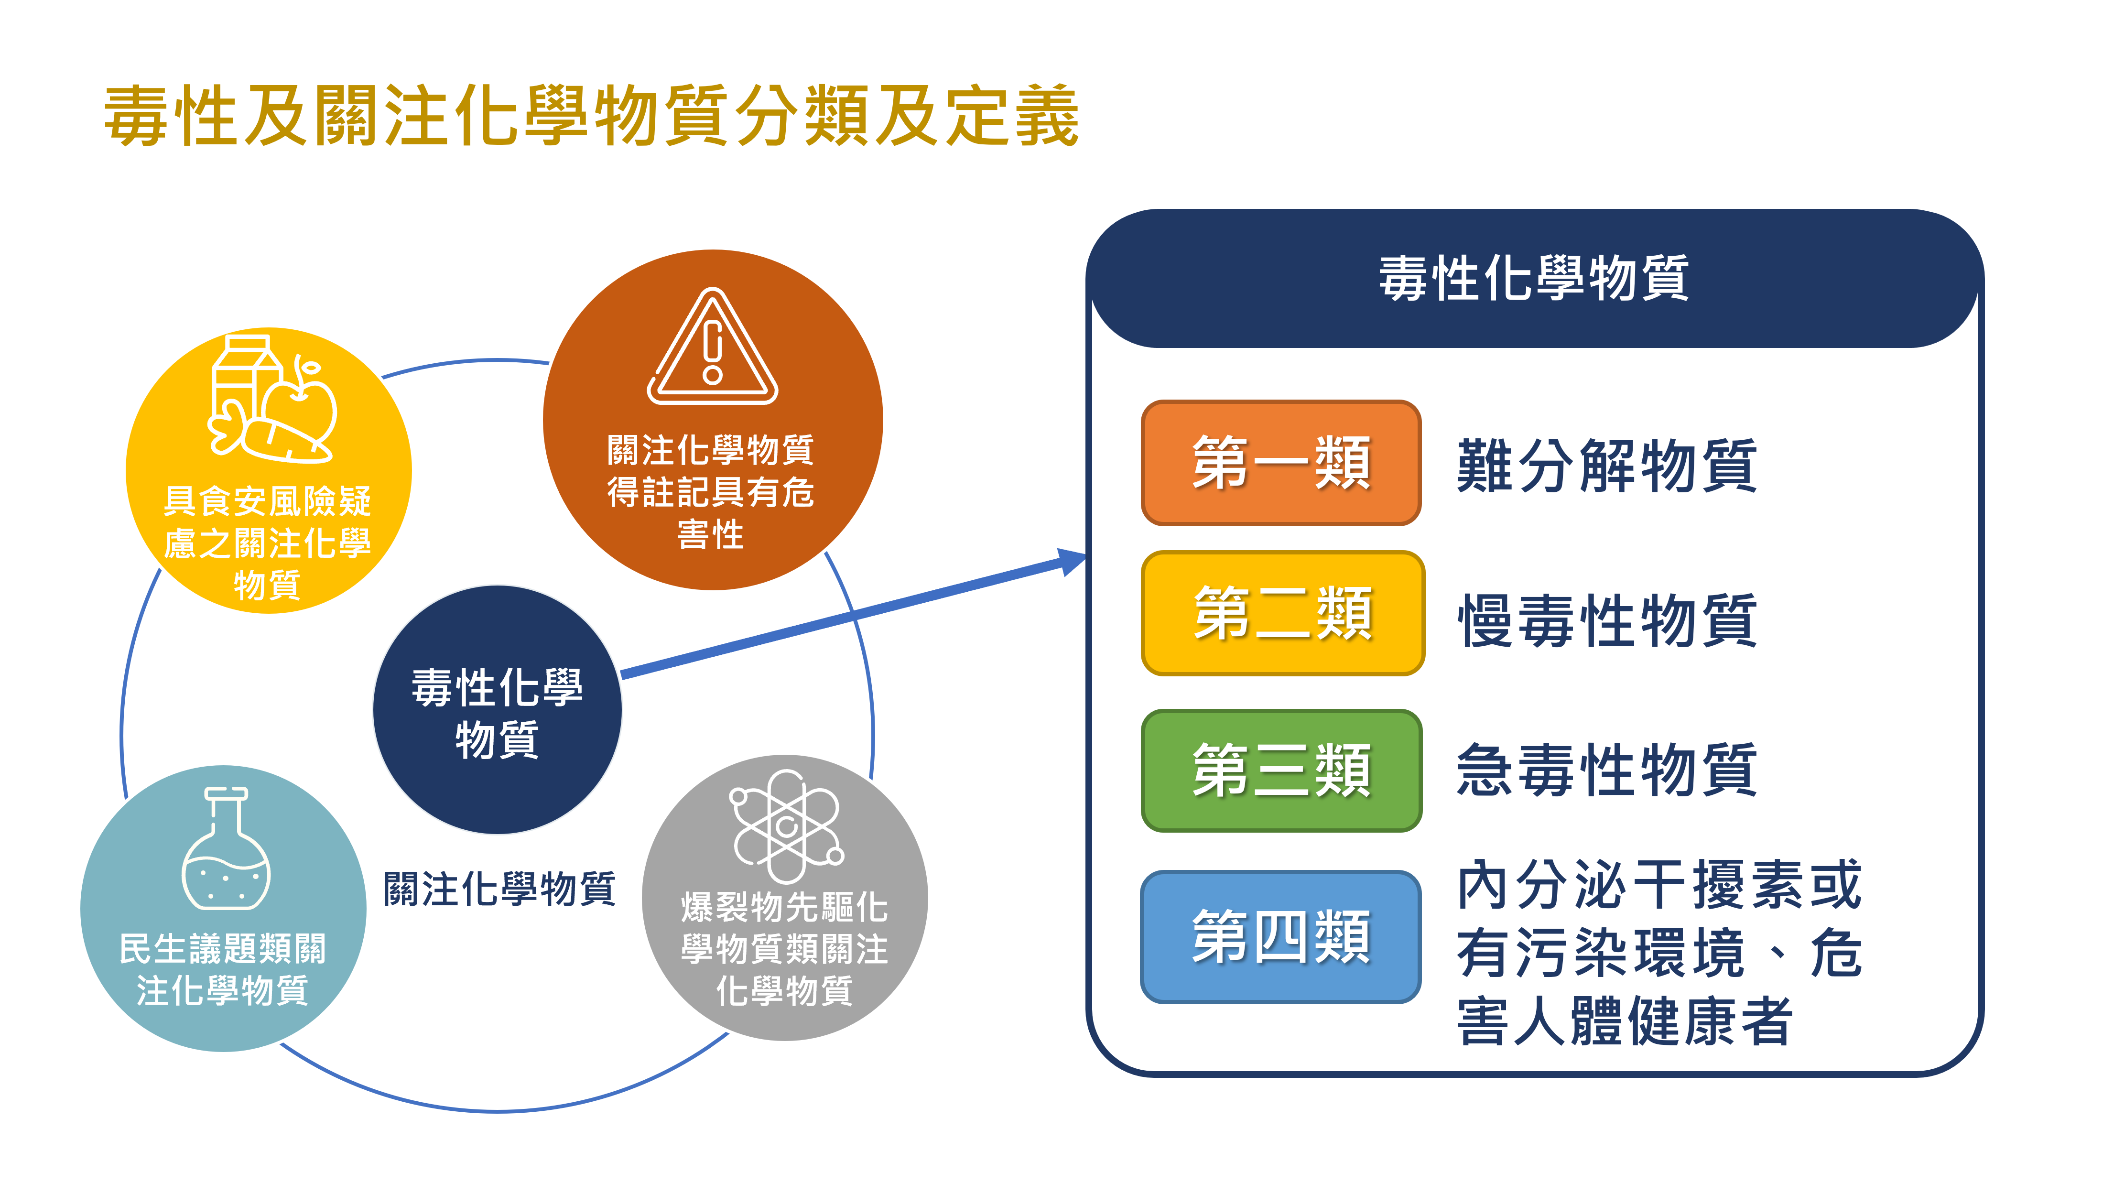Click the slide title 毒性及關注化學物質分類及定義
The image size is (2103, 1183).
click(591, 116)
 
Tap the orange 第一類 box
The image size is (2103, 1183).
click(1280, 462)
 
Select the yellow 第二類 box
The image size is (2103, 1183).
click(1282, 613)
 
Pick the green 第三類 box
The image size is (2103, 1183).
click(1280, 770)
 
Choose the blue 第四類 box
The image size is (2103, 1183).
click(1280, 936)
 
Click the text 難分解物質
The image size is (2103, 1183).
click(1606, 466)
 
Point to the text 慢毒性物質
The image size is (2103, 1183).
click(1606, 620)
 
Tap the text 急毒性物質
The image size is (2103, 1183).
click(1606, 770)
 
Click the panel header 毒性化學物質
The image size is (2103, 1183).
click(1533, 278)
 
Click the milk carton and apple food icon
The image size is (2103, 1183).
click(271, 399)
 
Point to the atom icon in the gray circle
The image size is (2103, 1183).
click(785, 825)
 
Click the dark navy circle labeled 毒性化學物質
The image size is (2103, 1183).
click(497, 710)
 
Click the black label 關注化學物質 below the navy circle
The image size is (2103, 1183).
click(499, 888)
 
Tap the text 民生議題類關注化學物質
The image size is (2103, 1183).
click(222, 969)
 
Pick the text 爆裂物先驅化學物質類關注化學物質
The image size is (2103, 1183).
click(784, 949)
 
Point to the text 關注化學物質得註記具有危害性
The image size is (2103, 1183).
click(710, 492)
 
